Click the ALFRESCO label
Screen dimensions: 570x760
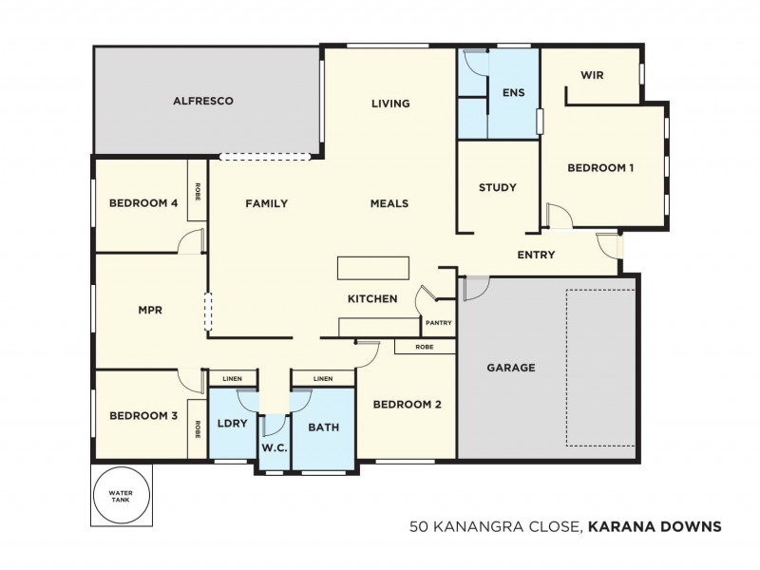click(202, 100)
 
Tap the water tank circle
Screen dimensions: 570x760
click(121, 495)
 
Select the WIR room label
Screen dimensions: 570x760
click(592, 75)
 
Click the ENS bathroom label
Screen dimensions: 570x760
click(514, 92)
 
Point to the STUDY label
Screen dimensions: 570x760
click(497, 187)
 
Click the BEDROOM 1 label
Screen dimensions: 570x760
click(600, 168)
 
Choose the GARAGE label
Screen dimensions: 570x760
click(511, 367)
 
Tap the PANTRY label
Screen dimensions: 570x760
click(438, 322)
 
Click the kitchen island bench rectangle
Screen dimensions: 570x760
click(373, 268)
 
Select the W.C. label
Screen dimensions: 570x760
click(274, 447)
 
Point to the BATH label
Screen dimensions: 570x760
click(323, 427)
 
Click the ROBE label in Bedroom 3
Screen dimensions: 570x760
click(198, 429)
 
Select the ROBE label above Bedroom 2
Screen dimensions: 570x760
click(426, 347)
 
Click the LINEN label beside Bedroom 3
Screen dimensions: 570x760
click(232, 379)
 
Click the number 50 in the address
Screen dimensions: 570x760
click(418, 524)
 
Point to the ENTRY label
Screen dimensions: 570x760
click(536, 255)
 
